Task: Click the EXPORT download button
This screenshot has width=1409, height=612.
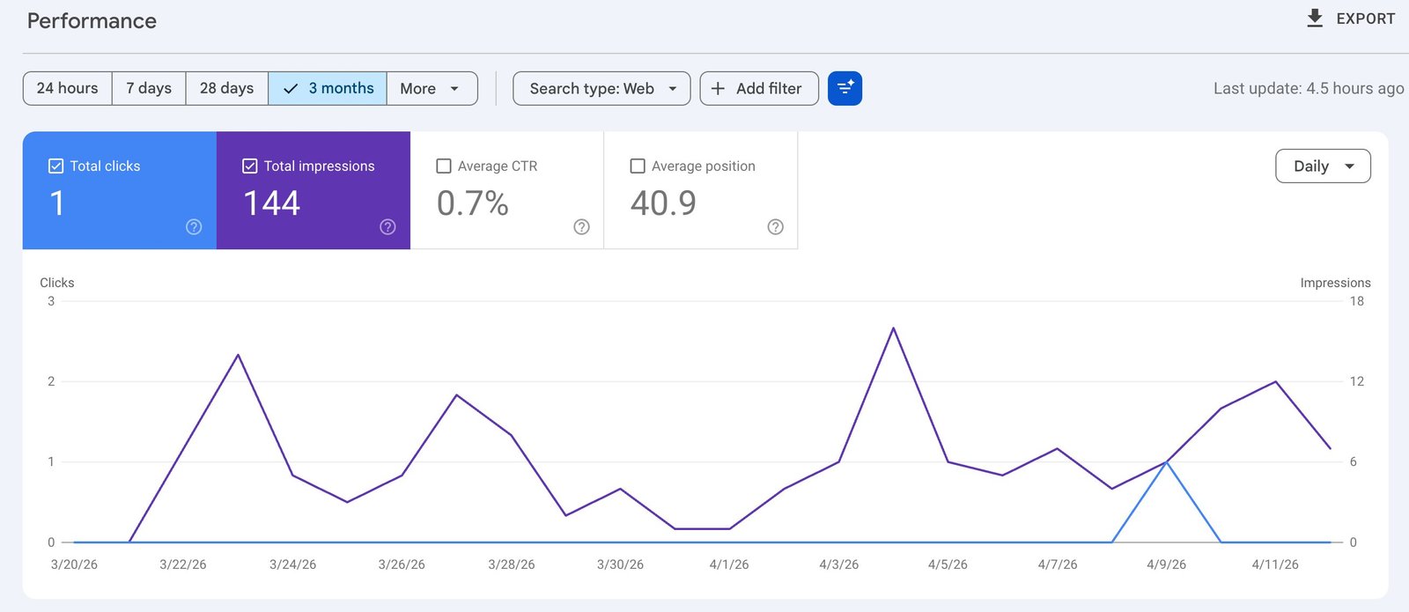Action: pyautogui.click(x=1350, y=18)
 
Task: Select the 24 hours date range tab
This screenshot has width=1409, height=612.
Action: pyautogui.click(x=67, y=88)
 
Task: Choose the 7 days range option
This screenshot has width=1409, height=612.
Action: pyautogui.click(x=149, y=88)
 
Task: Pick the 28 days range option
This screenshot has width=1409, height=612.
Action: pyautogui.click(x=226, y=88)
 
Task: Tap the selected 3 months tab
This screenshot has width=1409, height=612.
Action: pyautogui.click(x=328, y=88)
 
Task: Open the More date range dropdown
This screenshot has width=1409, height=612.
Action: pyautogui.click(x=432, y=88)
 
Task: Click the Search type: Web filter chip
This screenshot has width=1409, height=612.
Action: pyautogui.click(x=601, y=88)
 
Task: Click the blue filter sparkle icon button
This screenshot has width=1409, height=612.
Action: pyautogui.click(x=845, y=88)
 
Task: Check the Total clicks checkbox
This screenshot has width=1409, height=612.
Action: pyautogui.click(x=55, y=166)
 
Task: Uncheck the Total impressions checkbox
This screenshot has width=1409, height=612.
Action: pyautogui.click(x=249, y=166)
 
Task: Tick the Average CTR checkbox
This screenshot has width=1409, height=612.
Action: pyautogui.click(x=444, y=166)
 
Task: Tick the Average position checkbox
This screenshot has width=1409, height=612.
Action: pyautogui.click(x=638, y=166)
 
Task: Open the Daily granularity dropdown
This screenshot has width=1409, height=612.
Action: pyautogui.click(x=1322, y=166)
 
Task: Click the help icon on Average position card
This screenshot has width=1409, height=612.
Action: pyautogui.click(x=775, y=226)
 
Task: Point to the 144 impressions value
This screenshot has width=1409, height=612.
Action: pyautogui.click(x=271, y=203)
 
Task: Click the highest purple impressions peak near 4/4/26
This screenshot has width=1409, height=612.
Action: pyautogui.click(x=893, y=328)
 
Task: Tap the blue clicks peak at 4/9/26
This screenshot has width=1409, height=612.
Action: pyautogui.click(x=1166, y=461)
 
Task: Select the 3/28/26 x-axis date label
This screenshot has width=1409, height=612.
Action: pyautogui.click(x=511, y=564)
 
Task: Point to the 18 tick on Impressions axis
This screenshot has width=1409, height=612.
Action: pyautogui.click(x=1356, y=301)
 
